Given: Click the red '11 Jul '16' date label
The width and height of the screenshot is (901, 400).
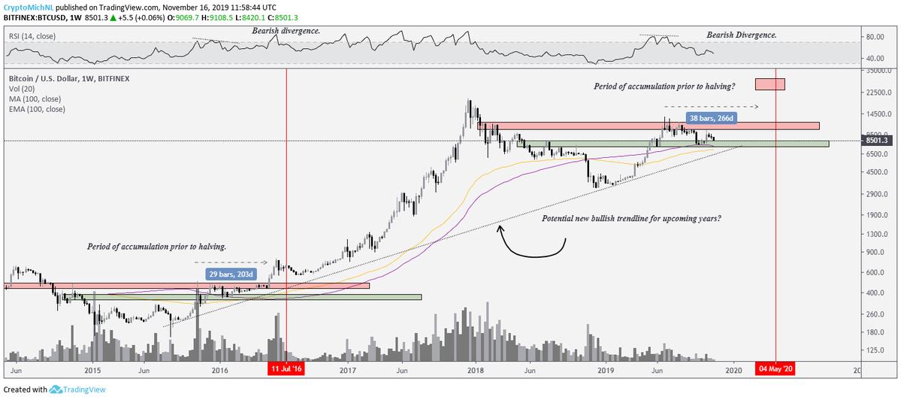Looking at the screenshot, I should point(286,369).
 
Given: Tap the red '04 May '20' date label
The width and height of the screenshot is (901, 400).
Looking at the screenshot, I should point(776,369).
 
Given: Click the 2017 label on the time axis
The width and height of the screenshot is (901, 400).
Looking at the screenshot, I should point(347,370).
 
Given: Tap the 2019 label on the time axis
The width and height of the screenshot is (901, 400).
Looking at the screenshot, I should point(606,370).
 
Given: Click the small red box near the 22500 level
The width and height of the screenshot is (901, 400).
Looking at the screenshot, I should point(770,84).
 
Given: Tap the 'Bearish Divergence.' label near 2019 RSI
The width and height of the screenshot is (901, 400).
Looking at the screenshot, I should point(742,35).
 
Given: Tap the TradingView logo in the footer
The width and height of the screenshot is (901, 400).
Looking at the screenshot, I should point(77,389).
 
